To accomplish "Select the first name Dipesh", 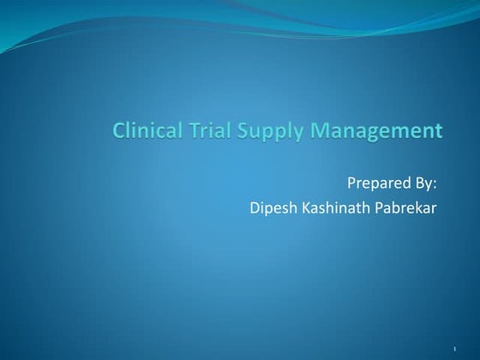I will tap(270, 207).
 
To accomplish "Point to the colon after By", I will tap(436, 184).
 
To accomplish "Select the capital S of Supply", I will tap(236, 131).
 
